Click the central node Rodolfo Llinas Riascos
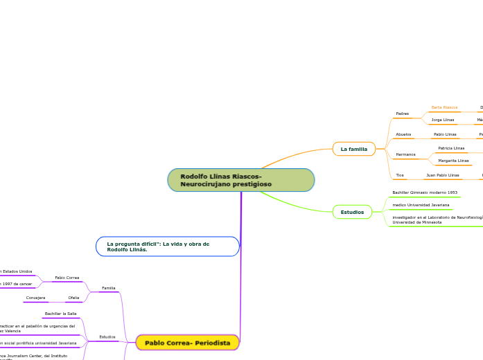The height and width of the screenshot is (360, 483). point(240,180)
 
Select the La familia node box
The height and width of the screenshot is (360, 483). point(353,149)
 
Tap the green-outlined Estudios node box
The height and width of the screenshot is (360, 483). point(352,212)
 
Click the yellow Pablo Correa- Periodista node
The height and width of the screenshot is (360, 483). point(187,343)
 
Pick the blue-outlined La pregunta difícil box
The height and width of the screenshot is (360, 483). point(168,246)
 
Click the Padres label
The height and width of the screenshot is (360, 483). point(402,114)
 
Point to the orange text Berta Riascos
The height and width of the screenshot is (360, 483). point(444,107)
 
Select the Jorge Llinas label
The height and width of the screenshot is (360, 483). point(443,120)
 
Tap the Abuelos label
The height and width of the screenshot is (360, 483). point(403,134)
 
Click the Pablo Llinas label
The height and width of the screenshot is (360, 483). point(445,134)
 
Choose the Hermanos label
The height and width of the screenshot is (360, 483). point(405,154)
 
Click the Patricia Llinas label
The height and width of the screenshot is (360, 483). point(451,148)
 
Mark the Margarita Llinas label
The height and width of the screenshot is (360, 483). point(453,161)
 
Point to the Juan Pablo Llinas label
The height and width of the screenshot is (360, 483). point(442,175)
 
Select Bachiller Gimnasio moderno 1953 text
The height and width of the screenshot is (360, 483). point(424,192)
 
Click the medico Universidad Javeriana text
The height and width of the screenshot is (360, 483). point(421,205)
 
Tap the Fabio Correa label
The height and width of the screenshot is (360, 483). point(67,278)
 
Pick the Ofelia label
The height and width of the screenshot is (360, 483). point(73,298)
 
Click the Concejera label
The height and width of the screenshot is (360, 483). point(35,298)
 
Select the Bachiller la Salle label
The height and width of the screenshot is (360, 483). point(60,314)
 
